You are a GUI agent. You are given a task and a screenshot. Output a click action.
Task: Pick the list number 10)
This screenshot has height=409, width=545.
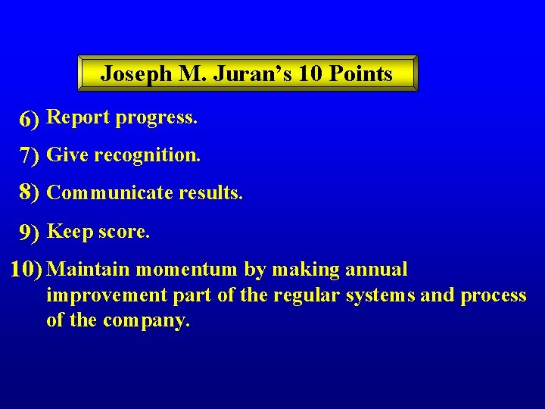coord(28,270)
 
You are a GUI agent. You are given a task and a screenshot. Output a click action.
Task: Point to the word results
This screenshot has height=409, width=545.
coord(210,193)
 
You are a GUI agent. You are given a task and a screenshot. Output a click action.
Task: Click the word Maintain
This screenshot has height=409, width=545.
coord(89,270)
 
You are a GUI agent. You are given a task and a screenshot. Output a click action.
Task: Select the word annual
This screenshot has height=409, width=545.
coord(376,270)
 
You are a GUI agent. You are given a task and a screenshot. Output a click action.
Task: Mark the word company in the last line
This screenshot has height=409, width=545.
coord(147,321)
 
